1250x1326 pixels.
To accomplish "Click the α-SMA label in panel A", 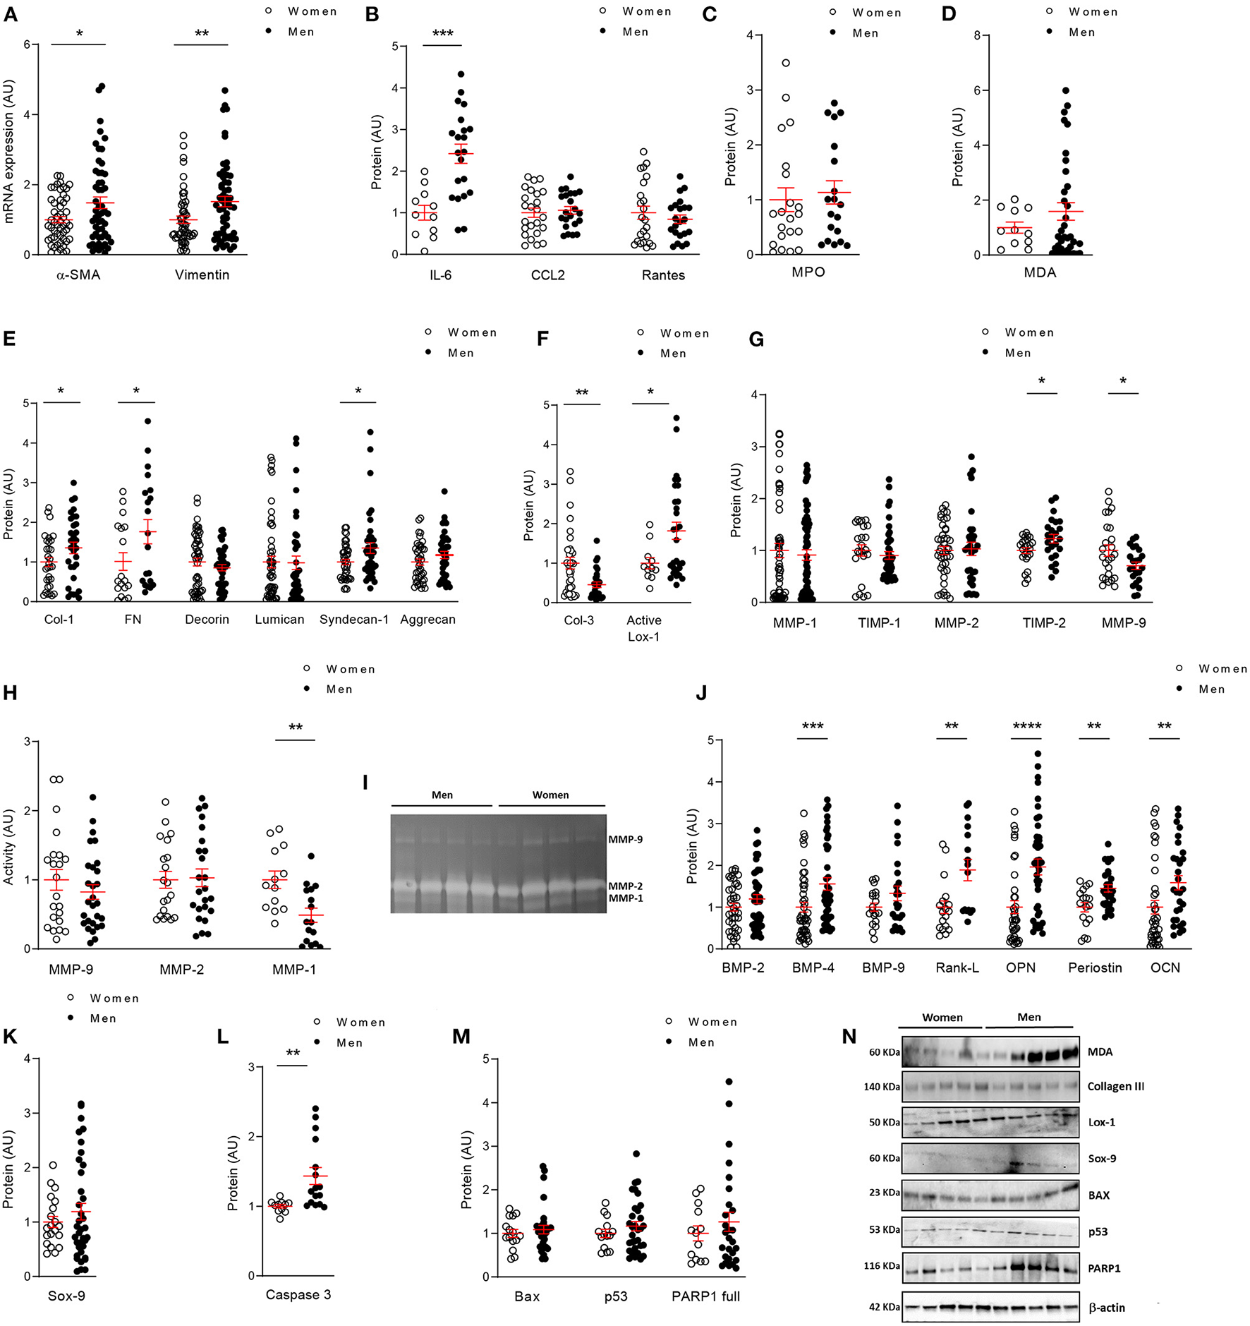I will tap(78, 275).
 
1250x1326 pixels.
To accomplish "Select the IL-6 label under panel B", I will tap(440, 275).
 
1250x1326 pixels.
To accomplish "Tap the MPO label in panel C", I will tap(808, 272).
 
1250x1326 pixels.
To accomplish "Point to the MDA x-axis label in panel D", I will tap(1040, 272).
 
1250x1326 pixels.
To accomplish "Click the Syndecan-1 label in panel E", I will tap(354, 620).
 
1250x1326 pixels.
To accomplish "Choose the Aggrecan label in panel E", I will tap(427, 620).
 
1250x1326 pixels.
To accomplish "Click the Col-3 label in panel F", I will tap(578, 620).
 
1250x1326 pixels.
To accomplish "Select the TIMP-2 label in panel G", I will tap(1044, 623).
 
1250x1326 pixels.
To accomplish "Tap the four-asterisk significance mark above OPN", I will tap(1026, 726).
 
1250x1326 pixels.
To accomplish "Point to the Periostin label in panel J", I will tap(1095, 968).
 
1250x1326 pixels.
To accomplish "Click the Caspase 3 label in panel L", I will tap(298, 1295).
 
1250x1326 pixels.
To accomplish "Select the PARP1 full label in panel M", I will tap(705, 1296).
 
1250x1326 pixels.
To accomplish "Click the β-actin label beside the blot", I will tap(1107, 1308).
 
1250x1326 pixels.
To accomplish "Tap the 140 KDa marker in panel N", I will tap(881, 1087).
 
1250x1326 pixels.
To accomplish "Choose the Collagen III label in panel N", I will tap(1115, 1087).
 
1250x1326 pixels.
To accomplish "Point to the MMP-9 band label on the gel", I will tap(625, 840).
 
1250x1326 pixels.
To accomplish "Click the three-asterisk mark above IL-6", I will tap(442, 34).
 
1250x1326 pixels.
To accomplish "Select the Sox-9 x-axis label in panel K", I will tap(66, 1296).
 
